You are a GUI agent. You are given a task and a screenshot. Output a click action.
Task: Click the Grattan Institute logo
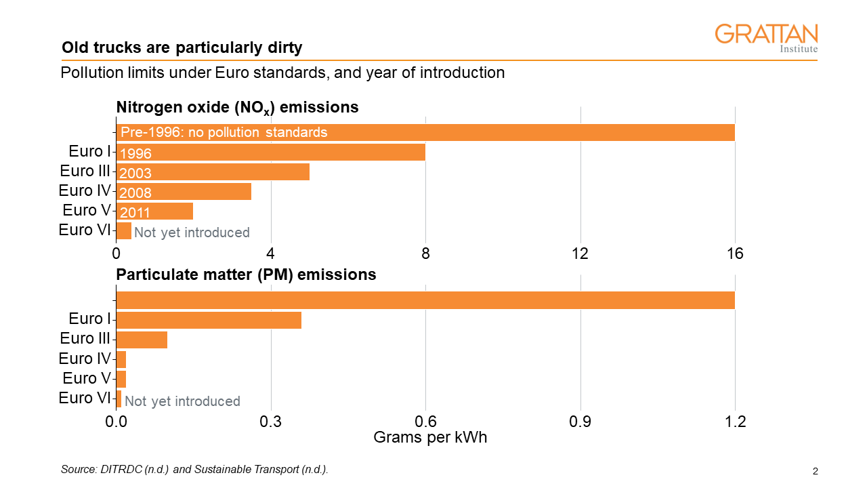pos(766,38)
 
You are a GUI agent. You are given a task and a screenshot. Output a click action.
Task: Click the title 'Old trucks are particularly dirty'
pos(182,48)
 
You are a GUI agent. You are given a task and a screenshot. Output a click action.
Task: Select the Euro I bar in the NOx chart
pos(270,152)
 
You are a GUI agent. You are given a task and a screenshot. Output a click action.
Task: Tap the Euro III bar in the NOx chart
pos(213,172)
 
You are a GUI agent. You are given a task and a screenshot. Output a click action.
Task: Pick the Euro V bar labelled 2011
pos(154,211)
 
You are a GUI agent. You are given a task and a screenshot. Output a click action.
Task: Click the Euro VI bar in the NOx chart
pos(123,231)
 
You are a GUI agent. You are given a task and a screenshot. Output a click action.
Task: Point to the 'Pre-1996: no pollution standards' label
pos(224,132)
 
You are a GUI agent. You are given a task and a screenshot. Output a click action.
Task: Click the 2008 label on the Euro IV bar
pos(135,193)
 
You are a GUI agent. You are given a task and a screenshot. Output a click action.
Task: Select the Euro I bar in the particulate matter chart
pos(209,320)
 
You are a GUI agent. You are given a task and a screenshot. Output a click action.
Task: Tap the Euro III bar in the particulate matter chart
pos(142,340)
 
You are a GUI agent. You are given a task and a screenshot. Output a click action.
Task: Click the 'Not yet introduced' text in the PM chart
pos(182,401)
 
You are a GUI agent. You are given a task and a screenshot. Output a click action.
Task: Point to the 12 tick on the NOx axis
pos(580,254)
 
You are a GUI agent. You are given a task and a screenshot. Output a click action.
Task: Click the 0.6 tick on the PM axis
pos(425,422)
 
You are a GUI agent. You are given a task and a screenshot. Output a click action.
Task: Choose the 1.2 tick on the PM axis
pos(735,422)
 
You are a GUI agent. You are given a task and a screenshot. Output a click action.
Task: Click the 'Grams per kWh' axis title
pos(430,438)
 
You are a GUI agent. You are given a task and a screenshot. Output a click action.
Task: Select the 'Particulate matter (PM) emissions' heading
pos(246,274)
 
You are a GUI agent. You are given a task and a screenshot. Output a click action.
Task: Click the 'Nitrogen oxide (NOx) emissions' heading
pos(237,107)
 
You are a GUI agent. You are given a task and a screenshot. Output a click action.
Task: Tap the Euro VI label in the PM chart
pos(85,398)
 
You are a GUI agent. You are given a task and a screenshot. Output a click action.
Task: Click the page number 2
pos(816,471)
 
